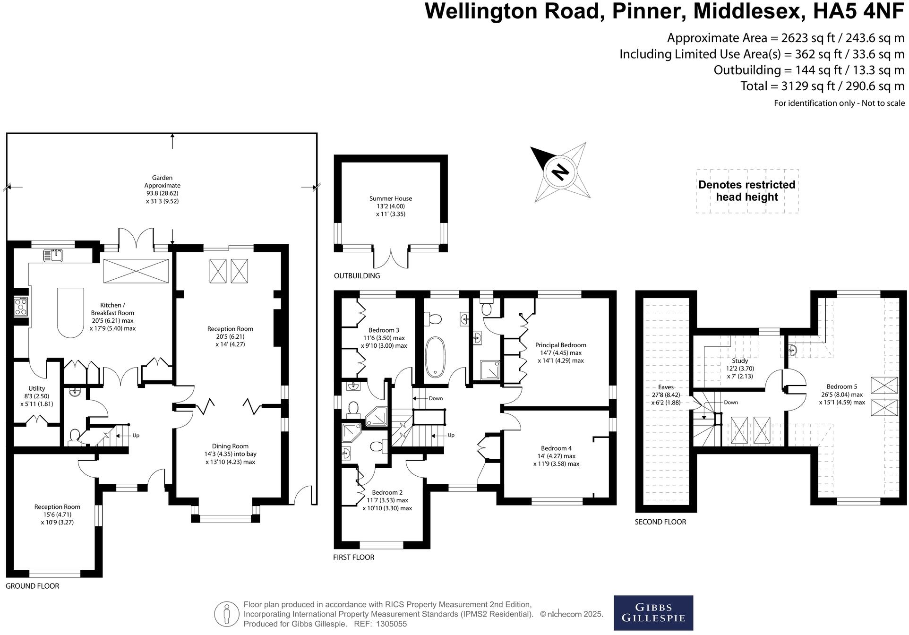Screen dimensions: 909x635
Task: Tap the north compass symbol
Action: click(561, 172)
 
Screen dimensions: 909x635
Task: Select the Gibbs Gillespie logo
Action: click(653, 613)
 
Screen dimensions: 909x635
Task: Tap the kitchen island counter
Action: click(70, 313)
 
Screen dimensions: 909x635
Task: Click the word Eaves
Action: click(666, 387)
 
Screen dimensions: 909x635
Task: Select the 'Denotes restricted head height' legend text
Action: click(747, 191)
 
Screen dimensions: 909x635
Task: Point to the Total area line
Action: click(822, 86)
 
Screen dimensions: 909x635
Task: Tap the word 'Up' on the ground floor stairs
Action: click(136, 436)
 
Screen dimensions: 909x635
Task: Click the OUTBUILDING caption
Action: click(357, 276)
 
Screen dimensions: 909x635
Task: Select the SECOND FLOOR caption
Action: click(660, 522)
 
